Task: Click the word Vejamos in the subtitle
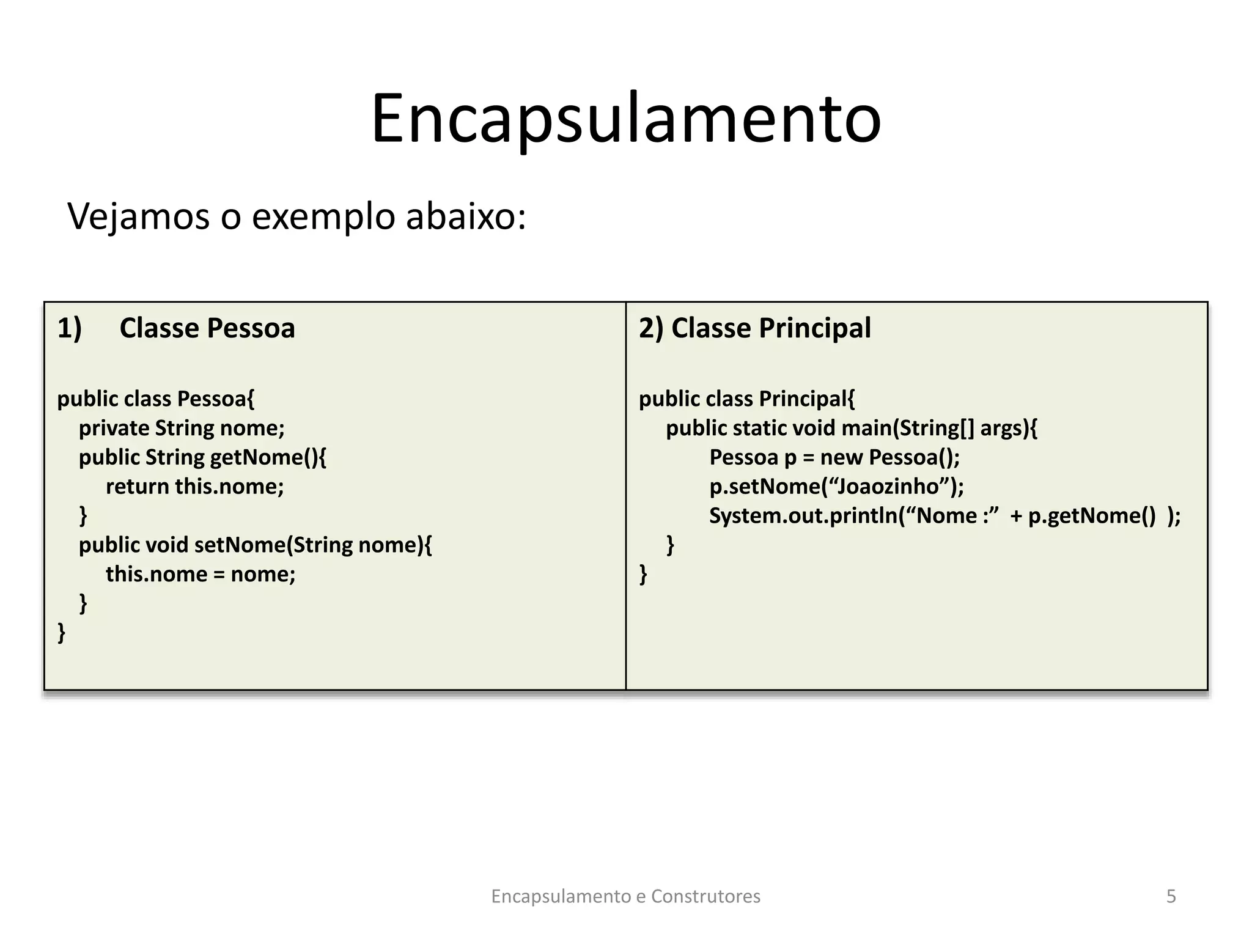[x=138, y=216]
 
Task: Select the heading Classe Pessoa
[x=207, y=328]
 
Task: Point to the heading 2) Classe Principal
[x=755, y=328]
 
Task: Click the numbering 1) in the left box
[x=69, y=328]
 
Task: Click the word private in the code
[x=114, y=428]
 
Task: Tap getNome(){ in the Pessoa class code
[x=268, y=457]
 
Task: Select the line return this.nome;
[x=195, y=487]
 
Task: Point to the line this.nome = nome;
[x=201, y=574]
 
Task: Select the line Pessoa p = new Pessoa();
[x=834, y=457]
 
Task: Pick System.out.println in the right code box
[x=803, y=516]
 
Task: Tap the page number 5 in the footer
[x=1171, y=896]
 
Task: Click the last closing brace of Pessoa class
[x=61, y=632]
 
